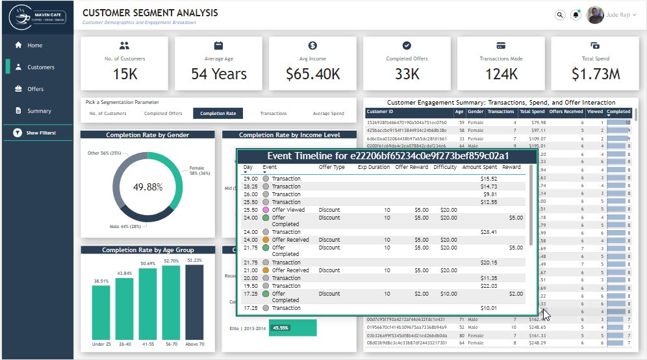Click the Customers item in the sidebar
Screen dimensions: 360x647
[x=40, y=67]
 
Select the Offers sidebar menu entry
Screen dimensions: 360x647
[x=35, y=89]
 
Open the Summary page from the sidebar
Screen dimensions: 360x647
[x=38, y=111]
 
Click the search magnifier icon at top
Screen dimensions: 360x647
[x=560, y=15]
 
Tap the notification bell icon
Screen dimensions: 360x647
[x=576, y=15]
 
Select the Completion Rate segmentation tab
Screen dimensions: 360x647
[x=218, y=114]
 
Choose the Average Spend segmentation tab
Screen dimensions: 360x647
[x=328, y=114]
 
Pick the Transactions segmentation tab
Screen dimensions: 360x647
[x=273, y=114]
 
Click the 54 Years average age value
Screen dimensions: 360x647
[x=219, y=74]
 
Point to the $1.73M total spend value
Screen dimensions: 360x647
[x=596, y=74]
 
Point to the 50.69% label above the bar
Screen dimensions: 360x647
[x=147, y=264]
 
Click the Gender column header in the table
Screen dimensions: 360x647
[x=476, y=112]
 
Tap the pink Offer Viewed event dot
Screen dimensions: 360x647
[x=266, y=210]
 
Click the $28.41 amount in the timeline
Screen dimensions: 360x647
[x=488, y=232]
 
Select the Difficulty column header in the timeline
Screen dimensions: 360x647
[x=445, y=167]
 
